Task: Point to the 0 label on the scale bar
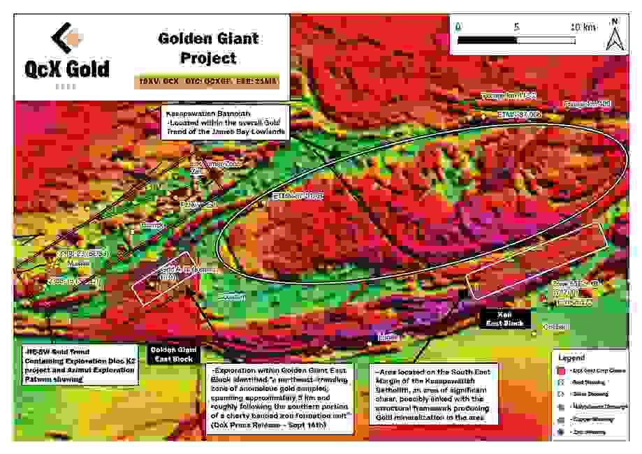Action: (458, 27)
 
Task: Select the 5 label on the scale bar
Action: (516, 27)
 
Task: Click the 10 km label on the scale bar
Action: (583, 27)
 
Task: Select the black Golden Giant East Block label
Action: (173, 353)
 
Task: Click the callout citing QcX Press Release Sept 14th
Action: (286, 396)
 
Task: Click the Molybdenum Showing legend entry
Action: (596, 408)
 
